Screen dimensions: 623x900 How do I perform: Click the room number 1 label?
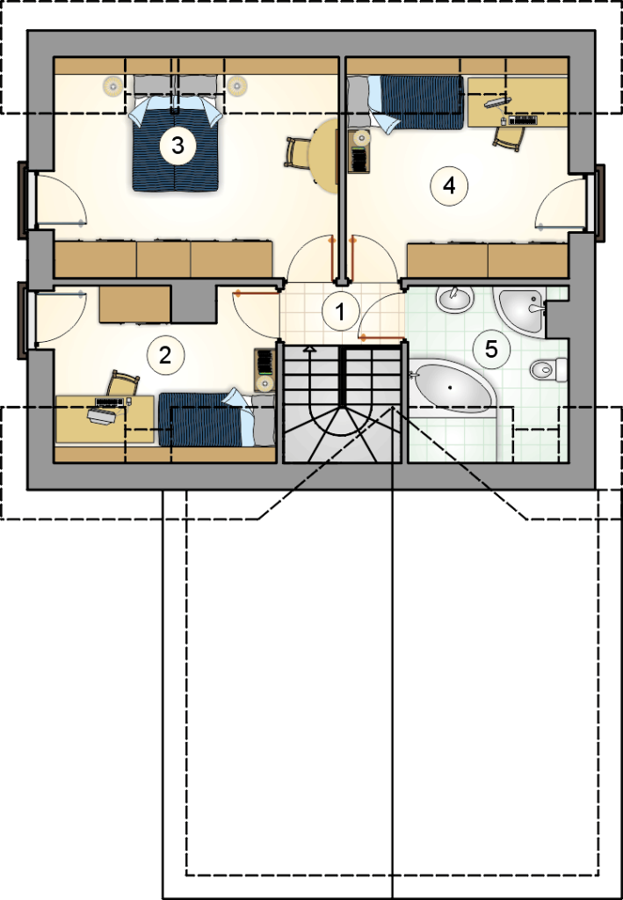(x=341, y=312)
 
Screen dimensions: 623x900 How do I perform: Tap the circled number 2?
(x=166, y=355)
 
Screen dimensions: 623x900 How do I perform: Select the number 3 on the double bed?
(x=177, y=145)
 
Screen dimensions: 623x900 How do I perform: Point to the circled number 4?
(x=449, y=185)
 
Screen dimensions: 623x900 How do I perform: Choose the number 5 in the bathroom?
(x=491, y=349)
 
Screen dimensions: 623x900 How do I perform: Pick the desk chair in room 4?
(x=509, y=139)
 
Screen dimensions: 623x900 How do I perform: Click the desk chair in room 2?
(x=123, y=383)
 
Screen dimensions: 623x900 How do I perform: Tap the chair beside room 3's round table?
(x=298, y=153)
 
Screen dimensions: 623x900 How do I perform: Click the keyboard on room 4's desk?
(x=523, y=120)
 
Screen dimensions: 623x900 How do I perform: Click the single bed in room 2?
(x=217, y=418)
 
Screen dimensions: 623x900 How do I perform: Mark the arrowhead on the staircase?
(x=310, y=348)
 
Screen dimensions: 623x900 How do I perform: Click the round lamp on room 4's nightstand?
(x=361, y=138)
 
